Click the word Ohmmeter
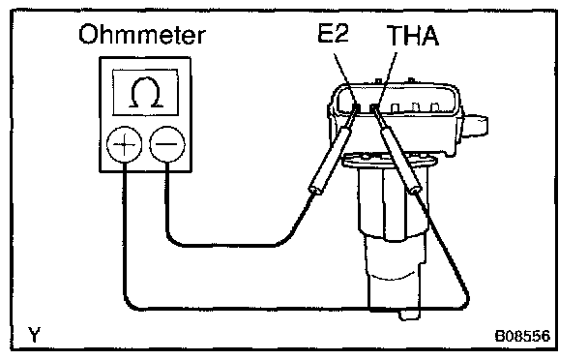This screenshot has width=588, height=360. [142, 35]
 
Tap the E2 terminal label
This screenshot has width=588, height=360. [333, 33]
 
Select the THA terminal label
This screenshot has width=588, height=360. [413, 36]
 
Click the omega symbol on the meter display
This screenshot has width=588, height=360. [146, 93]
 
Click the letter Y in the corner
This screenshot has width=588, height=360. [34, 335]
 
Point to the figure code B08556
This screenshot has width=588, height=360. [523, 336]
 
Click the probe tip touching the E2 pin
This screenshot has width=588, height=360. [356, 108]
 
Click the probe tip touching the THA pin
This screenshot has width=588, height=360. [373, 109]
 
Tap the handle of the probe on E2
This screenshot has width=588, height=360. [330, 160]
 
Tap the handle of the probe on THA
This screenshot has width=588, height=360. [400, 160]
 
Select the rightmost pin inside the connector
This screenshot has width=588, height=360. [434, 107]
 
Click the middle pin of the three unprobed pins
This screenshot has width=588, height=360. [415, 107]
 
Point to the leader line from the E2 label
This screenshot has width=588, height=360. [344, 77]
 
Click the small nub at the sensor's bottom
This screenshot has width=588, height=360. [409, 315]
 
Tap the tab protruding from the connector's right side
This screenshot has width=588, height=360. [476, 126]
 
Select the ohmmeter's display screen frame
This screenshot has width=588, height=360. [145, 70]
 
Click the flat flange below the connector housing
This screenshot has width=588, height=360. [390, 161]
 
